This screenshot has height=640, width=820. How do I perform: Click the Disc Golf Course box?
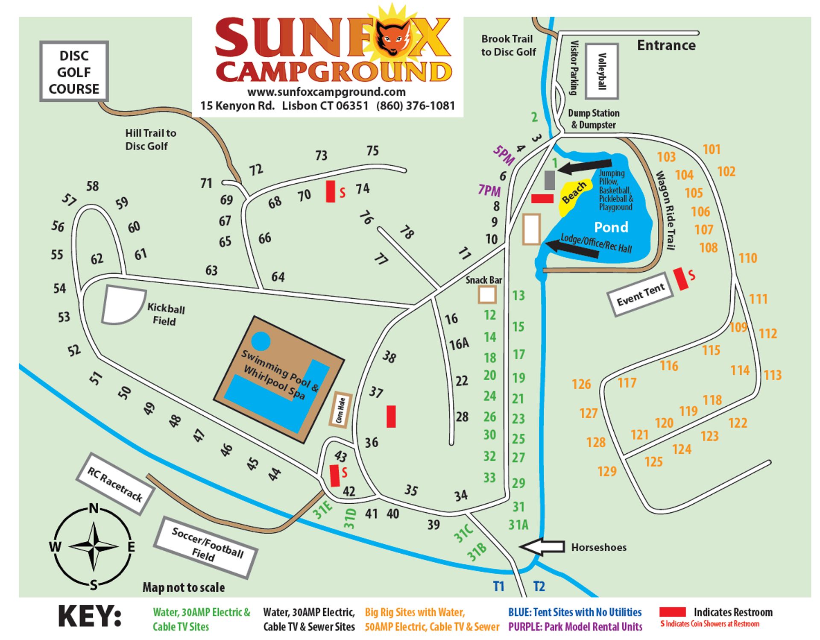point(74,72)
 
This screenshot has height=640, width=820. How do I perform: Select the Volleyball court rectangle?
point(602,71)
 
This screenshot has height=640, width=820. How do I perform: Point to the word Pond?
point(611,227)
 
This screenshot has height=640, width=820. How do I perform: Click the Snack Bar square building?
point(487,294)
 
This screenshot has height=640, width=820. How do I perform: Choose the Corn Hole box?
point(340,410)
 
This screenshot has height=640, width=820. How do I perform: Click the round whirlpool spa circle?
point(261,341)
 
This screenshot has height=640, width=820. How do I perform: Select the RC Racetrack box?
point(115,484)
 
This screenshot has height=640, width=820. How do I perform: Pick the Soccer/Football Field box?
point(207,546)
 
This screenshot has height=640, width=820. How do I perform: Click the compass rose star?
point(94,546)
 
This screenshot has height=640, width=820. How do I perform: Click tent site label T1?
point(498,586)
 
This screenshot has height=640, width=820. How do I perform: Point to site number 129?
point(606,471)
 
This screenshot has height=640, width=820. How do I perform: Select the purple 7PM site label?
point(489,190)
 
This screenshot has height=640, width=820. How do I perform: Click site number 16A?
point(459,344)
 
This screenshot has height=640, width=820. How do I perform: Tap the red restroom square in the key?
point(672,612)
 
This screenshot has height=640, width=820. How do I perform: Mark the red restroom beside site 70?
point(330,191)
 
